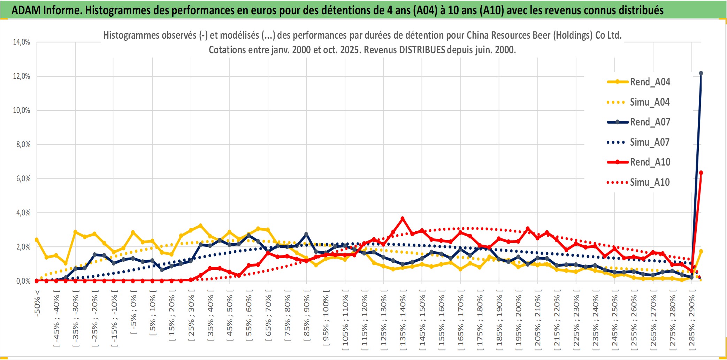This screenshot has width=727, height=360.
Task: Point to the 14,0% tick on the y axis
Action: [22, 42]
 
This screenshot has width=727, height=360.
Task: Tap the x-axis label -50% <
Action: [37, 303]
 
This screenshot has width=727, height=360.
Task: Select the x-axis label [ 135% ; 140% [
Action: [403, 321]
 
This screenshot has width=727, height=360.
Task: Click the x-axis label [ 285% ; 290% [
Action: [692, 321]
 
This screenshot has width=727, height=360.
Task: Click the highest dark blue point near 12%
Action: [701, 73]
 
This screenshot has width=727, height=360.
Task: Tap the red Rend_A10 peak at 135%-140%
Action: [403, 219]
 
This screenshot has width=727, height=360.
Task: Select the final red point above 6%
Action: [701, 173]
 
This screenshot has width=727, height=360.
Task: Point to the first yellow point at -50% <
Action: [37, 240]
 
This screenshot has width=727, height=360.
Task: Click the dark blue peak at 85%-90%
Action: [306, 234]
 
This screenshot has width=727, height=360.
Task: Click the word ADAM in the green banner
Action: [26, 10]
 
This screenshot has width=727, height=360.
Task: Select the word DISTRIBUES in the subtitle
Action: [422, 50]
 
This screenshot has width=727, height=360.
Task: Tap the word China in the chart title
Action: [478, 36]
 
